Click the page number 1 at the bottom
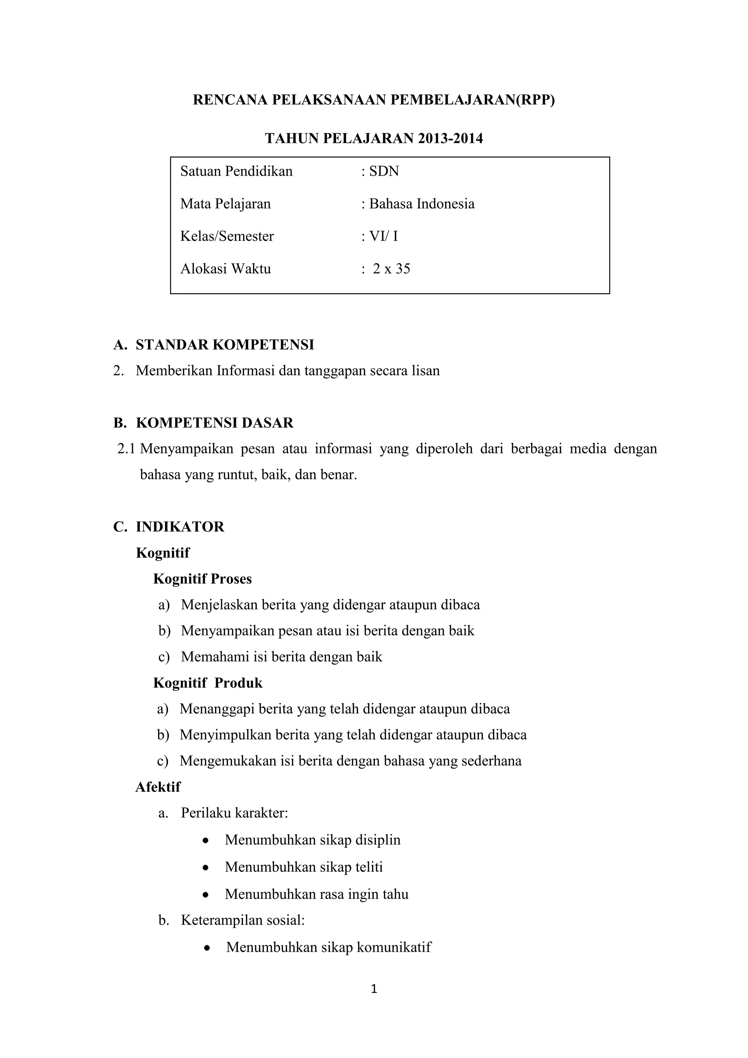(x=374, y=989)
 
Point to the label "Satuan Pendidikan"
(x=236, y=171)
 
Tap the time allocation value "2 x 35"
(x=391, y=269)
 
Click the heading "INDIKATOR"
(x=180, y=527)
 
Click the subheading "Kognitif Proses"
(x=202, y=579)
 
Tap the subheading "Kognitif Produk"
(x=208, y=683)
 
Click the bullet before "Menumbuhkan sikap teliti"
(x=206, y=868)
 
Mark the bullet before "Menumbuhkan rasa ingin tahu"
(x=206, y=895)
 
